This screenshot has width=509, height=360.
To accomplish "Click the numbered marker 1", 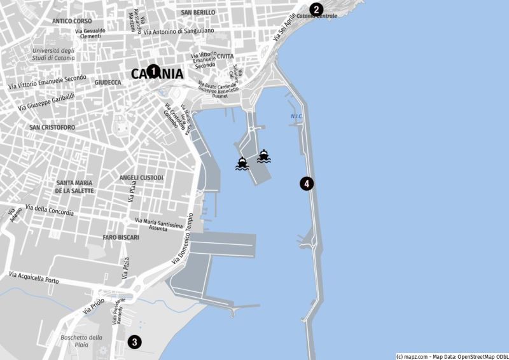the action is (x=153, y=71).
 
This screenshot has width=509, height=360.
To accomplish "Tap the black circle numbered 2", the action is (x=317, y=10).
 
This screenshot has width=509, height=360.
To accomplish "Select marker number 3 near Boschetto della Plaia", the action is (x=134, y=342).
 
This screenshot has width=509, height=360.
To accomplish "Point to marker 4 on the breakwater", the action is (x=307, y=184).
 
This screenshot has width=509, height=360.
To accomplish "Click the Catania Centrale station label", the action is (x=316, y=15).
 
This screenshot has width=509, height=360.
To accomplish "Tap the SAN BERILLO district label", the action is (x=198, y=12).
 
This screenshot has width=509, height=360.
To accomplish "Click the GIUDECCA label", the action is (x=108, y=82).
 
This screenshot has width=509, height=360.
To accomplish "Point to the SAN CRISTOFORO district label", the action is (x=52, y=127).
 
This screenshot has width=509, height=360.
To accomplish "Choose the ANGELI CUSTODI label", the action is (x=141, y=177).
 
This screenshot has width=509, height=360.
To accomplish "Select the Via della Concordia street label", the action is (x=51, y=210).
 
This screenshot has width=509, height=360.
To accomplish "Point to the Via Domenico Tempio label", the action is (x=181, y=240).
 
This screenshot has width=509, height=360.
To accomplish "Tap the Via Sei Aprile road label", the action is (x=285, y=29).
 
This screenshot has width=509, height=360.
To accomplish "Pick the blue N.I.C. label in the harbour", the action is (x=296, y=116).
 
